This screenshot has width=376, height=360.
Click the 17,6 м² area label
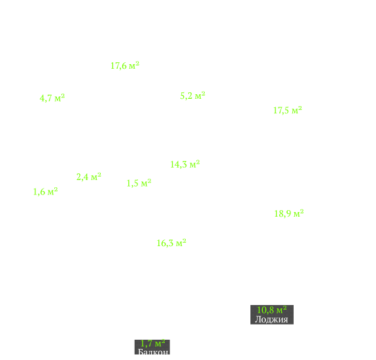tap(125, 65)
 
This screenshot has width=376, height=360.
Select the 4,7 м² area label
tap(52, 98)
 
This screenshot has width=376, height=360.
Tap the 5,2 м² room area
tap(192, 96)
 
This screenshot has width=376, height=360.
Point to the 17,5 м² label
tap(288, 110)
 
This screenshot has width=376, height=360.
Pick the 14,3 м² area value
tap(185, 164)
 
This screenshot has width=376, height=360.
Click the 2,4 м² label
tap(89, 177)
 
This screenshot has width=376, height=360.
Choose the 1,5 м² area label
tap(139, 183)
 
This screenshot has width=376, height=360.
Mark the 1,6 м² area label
tap(45, 192)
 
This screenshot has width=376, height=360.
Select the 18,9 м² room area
tap(289, 213)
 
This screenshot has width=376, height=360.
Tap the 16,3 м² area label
tap(171, 243)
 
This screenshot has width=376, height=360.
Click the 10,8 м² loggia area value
tap(271, 310)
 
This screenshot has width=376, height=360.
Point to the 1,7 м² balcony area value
tap(152, 344)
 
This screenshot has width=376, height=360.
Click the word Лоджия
tap(271, 319)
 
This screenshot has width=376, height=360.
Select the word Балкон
tap(153, 352)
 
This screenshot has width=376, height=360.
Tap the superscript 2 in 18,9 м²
tap(301, 211)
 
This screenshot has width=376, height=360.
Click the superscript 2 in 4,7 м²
tap(63, 96)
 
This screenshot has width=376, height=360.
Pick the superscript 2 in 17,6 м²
tap(137, 63)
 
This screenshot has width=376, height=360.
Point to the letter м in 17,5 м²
tap(294, 111)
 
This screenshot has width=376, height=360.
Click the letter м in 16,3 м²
tap(179, 244)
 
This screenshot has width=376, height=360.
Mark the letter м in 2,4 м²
tap(94, 178)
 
